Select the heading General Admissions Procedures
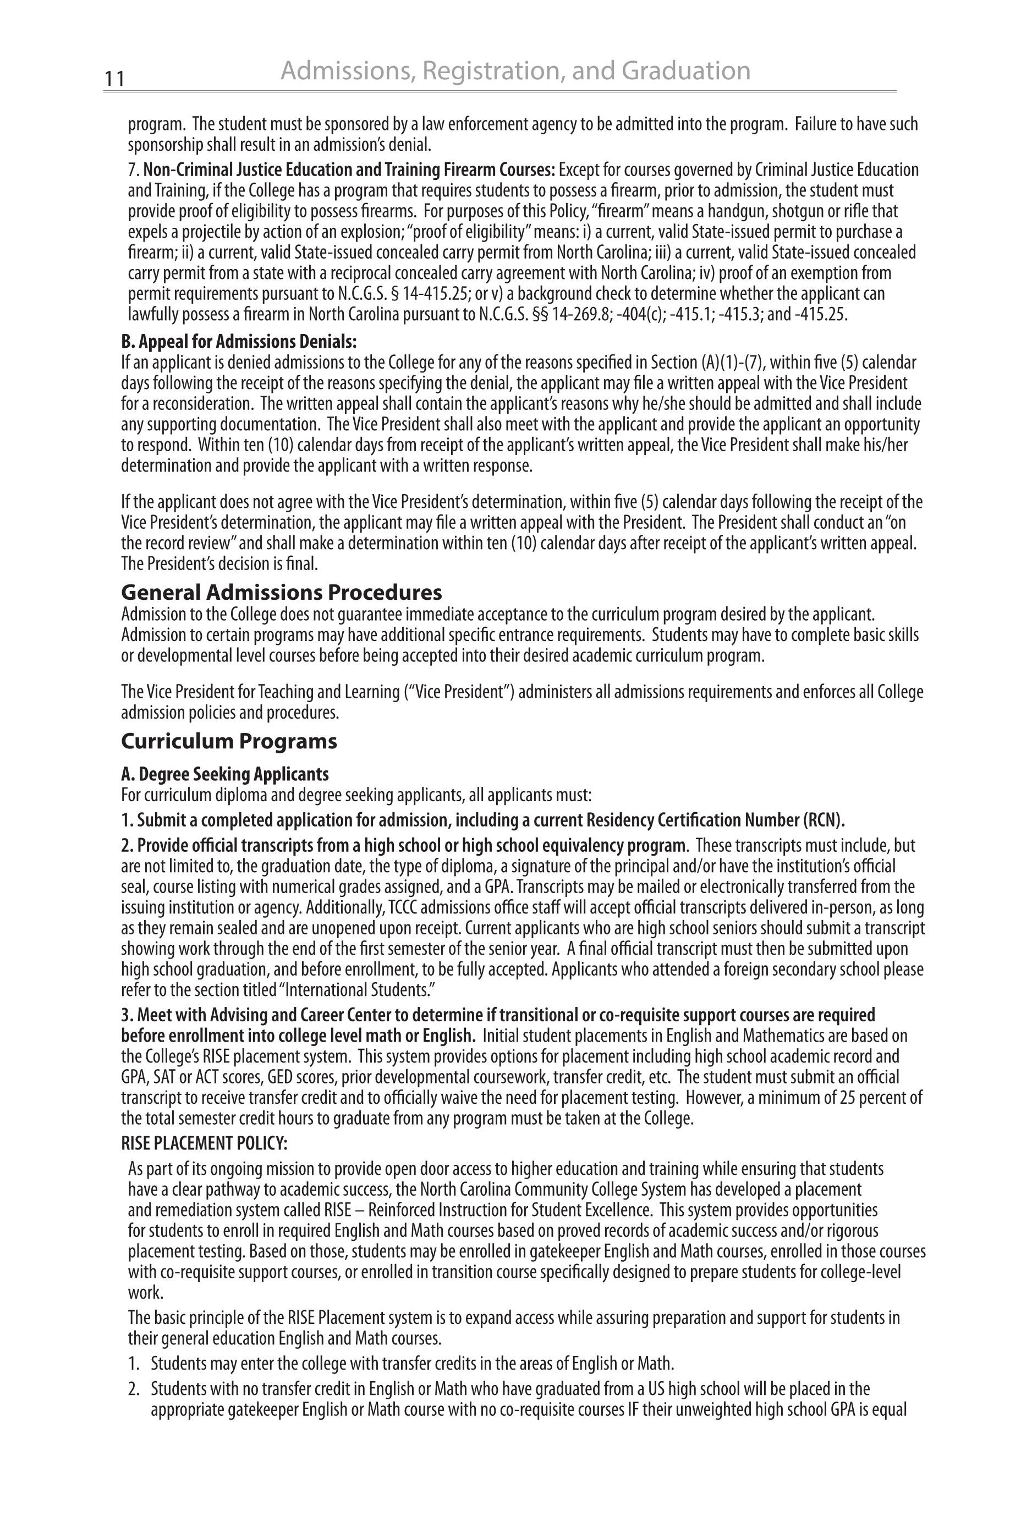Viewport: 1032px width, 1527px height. (x=282, y=593)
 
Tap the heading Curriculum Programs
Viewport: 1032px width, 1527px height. (x=229, y=741)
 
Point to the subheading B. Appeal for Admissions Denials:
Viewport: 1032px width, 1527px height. (x=239, y=342)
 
